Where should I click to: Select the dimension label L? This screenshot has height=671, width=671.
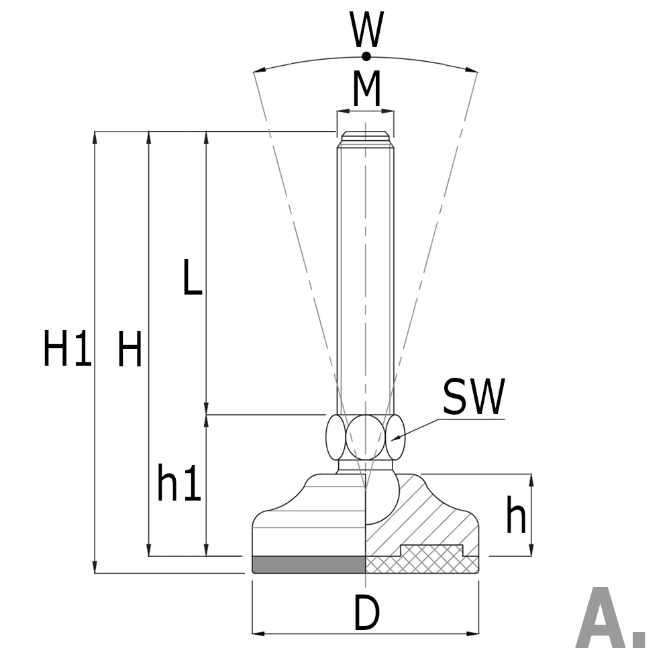(192, 278)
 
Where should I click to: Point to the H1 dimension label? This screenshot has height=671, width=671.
(66, 350)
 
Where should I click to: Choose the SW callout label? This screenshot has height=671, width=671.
(473, 397)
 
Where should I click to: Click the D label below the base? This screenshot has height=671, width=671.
(366, 613)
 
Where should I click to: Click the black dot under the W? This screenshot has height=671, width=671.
(366, 56)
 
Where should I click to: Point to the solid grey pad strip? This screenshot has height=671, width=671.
(309, 564)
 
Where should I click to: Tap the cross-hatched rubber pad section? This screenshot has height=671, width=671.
(429, 560)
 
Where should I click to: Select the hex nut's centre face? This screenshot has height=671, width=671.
(365, 437)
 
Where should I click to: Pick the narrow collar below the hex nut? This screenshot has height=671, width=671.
(365, 464)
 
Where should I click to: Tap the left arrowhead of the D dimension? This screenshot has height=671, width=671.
(257, 633)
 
